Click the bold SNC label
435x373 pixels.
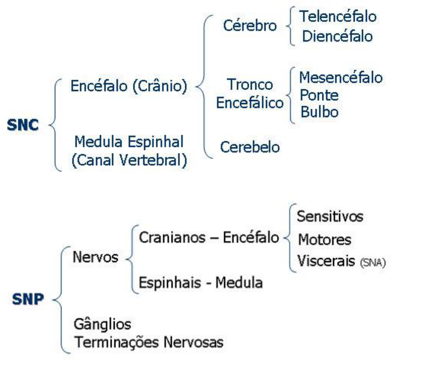point(23,125)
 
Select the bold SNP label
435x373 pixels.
point(27,299)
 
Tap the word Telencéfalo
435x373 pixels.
point(338,16)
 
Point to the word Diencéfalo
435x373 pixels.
point(337,36)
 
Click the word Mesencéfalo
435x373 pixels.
point(341,78)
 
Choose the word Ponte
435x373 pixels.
point(319,95)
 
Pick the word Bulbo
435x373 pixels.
point(319,112)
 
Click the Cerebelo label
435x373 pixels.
point(250,147)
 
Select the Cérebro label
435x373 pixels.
point(250,26)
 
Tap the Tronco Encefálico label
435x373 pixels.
point(250,94)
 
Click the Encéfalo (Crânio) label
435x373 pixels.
point(129,86)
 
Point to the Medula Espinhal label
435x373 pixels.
point(129,141)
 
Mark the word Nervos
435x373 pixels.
point(95,257)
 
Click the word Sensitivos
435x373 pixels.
point(330,216)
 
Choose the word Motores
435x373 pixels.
point(324,239)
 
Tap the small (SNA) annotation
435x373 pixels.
point(373,263)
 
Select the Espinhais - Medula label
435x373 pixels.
point(200,283)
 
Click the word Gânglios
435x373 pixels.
point(102,324)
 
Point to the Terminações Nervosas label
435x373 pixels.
point(149,342)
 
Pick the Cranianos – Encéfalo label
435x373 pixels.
point(209,237)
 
